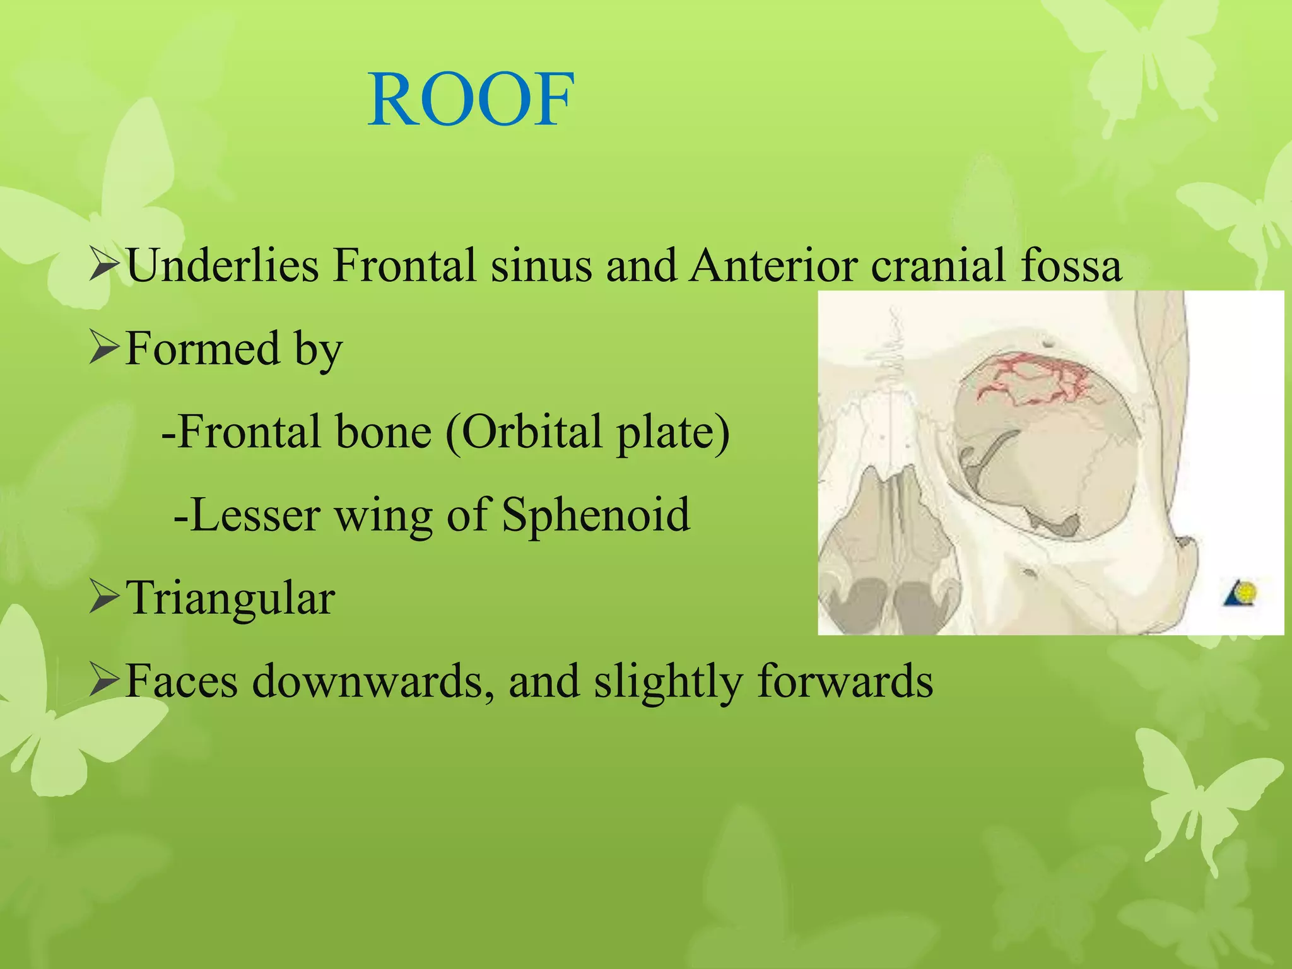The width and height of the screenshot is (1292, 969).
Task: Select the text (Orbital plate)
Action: [587, 432]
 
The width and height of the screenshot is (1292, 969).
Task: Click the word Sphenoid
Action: [596, 515]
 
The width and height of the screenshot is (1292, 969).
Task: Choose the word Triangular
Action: [231, 598]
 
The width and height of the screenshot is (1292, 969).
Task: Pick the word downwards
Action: [372, 681]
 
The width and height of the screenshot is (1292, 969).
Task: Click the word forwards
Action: [845, 681]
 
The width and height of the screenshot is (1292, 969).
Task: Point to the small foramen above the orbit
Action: [1048, 343]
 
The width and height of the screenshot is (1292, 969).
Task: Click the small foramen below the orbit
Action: [1029, 573]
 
